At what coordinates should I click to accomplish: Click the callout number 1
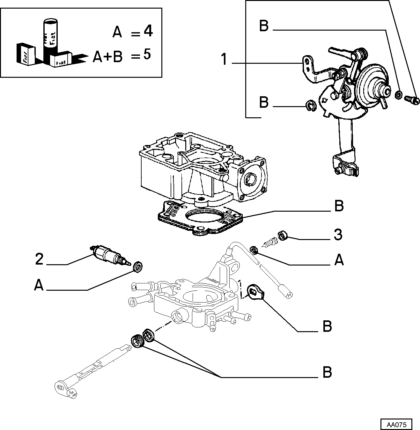pyautogui.click(x=224, y=59)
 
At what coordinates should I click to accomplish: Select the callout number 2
pyautogui.click(x=39, y=259)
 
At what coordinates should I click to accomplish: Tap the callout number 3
pyautogui.click(x=338, y=235)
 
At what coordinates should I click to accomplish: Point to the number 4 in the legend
pyautogui.click(x=148, y=31)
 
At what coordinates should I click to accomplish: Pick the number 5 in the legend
pyautogui.click(x=147, y=54)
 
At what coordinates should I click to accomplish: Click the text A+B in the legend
pyautogui.click(x=107, y=56)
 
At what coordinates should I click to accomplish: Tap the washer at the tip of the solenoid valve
pyautogui.click(x=138, y=267)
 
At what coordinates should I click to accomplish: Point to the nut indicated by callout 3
pyautogui.click(x=282, y=236)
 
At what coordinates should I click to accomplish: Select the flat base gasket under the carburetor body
pyautogui.click(x=200, y=219)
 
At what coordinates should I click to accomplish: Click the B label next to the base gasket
pyautogui.click(x=339, y=206)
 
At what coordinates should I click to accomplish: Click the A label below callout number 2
pyautogui.click(x=39, y=285)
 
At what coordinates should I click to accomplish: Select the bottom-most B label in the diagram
pyautogui.click(x=327, y=372)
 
